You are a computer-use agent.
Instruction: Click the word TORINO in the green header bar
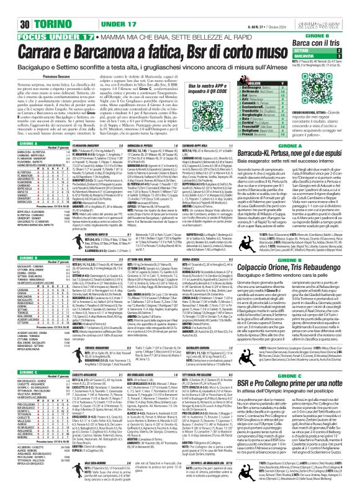coord(34,7)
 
